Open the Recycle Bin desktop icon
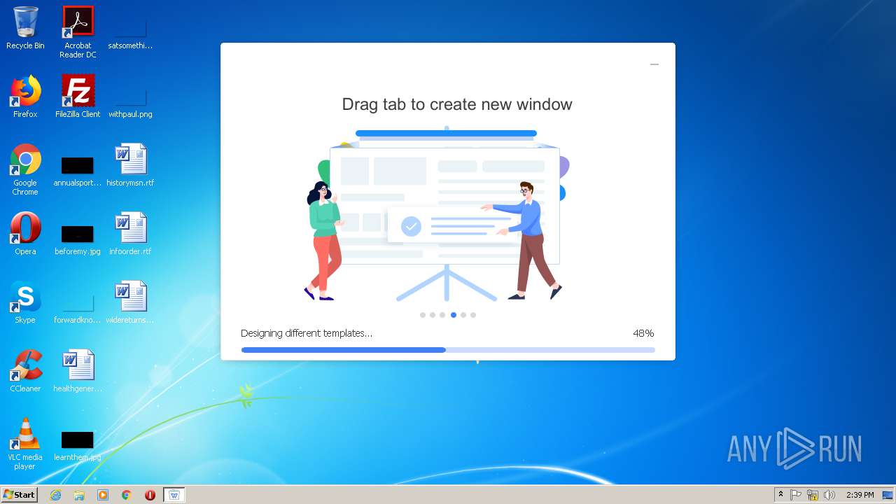[25, 22]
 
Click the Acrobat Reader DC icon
[78, 22]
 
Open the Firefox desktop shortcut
[25, 91]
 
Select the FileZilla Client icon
[78, 91]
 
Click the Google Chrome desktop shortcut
[25, 160]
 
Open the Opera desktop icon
[25, 228]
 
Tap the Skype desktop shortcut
[25, 297]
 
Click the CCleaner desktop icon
[25, 365]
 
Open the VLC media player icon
[25, 434]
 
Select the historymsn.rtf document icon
[130, 160]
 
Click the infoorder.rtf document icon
[130, 228]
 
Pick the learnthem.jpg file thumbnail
[77, 440]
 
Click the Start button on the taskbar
[20, 495]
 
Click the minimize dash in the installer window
[654, 64]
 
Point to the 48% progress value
[643, 333]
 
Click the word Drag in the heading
[358, 104]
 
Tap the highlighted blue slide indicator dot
[454, 315]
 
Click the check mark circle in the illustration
[411, 226]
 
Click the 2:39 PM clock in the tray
[860, 495]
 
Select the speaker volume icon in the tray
[829, 495]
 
